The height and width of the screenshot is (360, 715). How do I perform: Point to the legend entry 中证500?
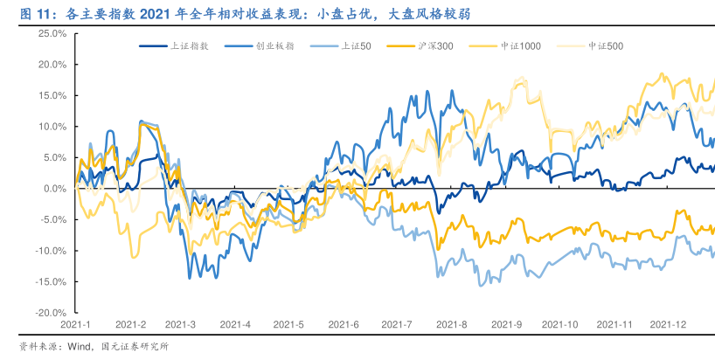(606, 45)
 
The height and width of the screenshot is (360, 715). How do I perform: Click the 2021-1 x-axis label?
(76, 324)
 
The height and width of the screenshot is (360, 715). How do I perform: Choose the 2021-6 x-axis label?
(344, 324)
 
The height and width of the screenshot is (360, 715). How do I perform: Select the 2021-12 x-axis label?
(667, 324)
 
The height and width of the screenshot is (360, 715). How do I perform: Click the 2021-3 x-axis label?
(183, 324)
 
